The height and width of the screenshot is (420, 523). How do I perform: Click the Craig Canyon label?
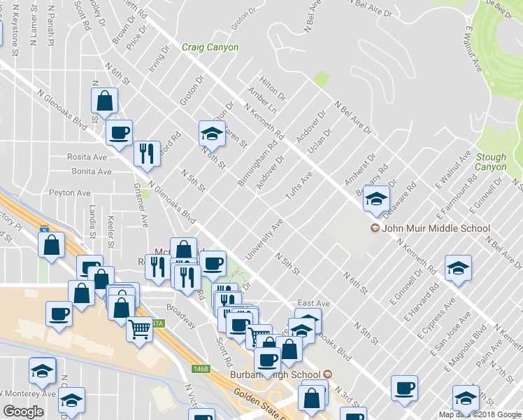tap(210, 48)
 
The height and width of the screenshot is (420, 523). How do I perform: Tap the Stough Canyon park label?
tap(490, 162)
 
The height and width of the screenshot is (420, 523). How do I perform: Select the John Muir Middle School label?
tap(434, 228)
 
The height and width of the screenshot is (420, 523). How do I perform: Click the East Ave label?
tap(313, 303)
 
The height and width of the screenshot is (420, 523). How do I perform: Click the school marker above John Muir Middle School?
tap(376, 199)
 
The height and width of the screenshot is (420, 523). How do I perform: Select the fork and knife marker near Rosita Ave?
tap(146, 154)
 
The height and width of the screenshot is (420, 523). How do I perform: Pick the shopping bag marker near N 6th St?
tap(104, 100)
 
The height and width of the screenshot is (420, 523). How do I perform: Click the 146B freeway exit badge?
tap(201, 369)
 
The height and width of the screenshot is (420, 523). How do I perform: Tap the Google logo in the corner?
tap(23, 412)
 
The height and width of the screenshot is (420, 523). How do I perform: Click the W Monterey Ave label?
tap(28, 394)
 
